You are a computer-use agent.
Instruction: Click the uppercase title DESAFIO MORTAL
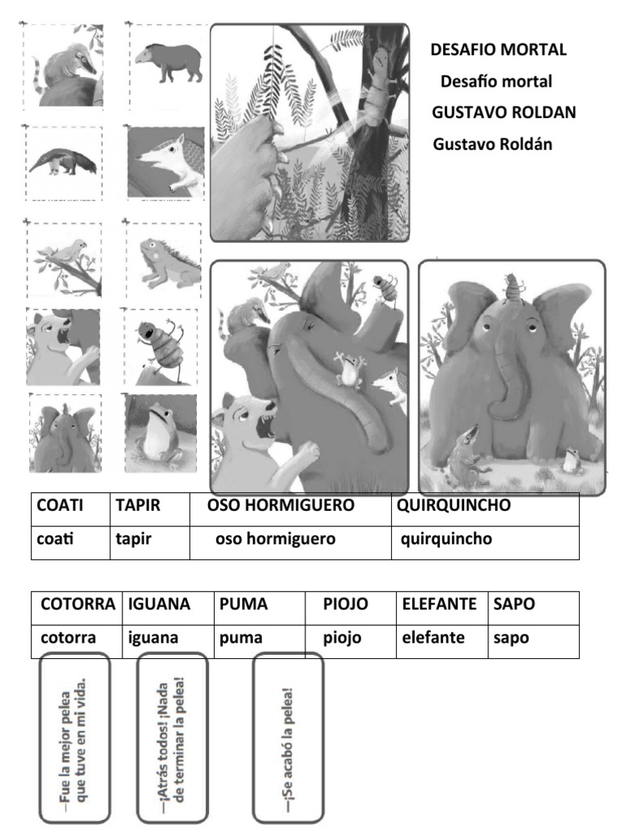498,49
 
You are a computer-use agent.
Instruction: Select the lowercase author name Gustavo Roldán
492,144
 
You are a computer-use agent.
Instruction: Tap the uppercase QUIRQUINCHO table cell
485,510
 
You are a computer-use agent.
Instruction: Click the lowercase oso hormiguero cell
291,542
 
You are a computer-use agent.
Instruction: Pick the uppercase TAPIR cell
150,510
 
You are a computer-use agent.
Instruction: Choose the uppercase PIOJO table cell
351,608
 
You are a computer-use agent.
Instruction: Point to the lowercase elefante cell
442,641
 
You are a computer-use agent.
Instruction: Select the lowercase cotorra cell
77,641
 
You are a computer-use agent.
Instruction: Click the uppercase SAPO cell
534,608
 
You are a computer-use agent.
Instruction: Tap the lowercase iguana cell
168,641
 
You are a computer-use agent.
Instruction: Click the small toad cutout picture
160,433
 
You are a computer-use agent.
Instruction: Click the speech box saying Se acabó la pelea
288,738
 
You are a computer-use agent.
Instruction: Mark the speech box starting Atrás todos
173,738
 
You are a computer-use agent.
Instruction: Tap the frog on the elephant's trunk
349,371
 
